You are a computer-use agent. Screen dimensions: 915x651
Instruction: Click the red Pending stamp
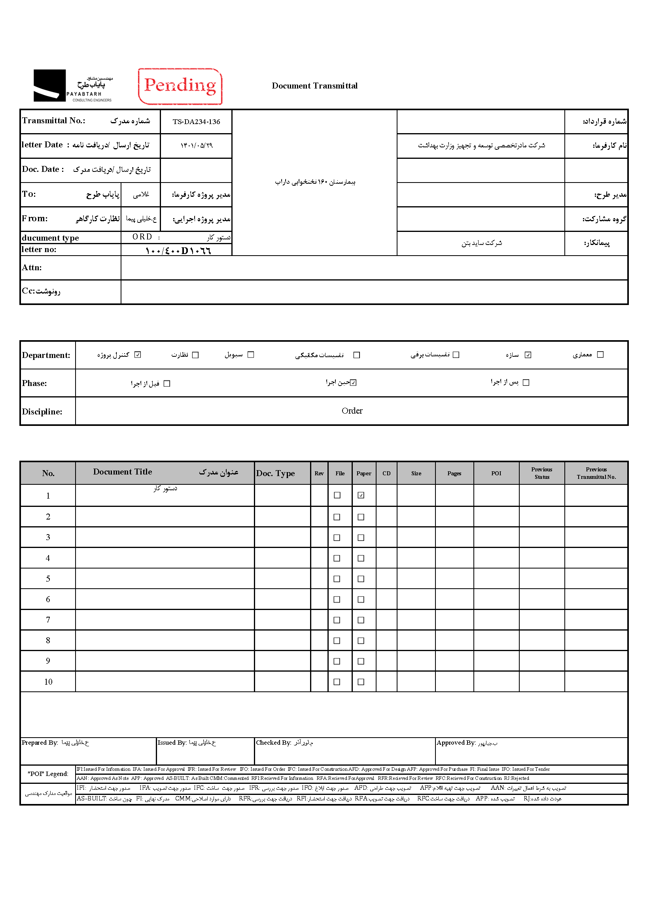(180, 86)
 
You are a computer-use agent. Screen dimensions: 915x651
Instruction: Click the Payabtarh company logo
(72, 86)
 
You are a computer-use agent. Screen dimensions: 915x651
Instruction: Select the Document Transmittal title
(314, 86)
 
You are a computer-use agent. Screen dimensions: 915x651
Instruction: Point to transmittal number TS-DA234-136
(196, 122)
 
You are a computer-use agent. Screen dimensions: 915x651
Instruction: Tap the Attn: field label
(32, 267)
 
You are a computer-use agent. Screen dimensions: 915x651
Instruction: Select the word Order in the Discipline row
(352, 411)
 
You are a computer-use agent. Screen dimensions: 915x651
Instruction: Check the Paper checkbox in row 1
(361, 495)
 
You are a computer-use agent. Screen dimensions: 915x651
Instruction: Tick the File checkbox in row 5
(337, 579)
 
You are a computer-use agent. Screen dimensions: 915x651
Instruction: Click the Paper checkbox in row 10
(361, 682)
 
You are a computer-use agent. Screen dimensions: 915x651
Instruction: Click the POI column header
(496, 473)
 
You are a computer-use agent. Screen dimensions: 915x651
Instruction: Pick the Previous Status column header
(541, 473)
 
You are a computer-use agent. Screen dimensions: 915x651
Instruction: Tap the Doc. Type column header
(275, 473)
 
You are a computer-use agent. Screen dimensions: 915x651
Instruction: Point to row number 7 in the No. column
(48, 620)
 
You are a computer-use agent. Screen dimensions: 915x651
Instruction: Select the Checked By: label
(273, 743)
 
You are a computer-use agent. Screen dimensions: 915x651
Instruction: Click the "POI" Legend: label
(48, 774)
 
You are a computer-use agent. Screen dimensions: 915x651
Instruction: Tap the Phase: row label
(34, 383)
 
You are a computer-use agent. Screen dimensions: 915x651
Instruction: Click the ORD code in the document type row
(142, 237)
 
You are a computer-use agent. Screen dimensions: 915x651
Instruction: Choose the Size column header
(416, 473)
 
